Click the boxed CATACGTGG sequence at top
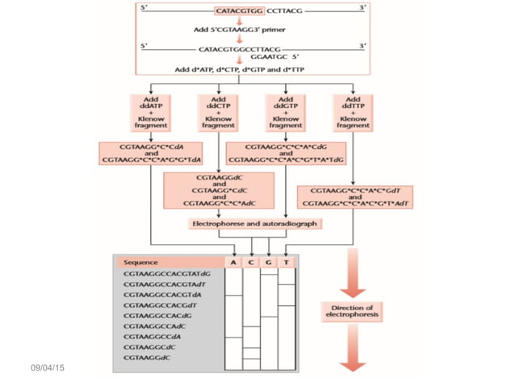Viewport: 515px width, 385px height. pyautogui.click(x=238, y=12)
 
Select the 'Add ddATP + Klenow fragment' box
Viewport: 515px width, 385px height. pyautogui.click(x=150, y=114)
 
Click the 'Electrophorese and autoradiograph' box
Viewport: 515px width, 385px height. pyautogui.click(x=253, y=223)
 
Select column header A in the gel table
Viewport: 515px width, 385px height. pyautogui.click(x=233, y=263)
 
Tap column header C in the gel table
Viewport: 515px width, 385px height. pyautogui.click(x=252, y=263)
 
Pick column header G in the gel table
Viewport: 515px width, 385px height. pyautogui.click(x=270, y=263)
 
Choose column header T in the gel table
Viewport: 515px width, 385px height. pyautogui.click(x=287, y=263)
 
